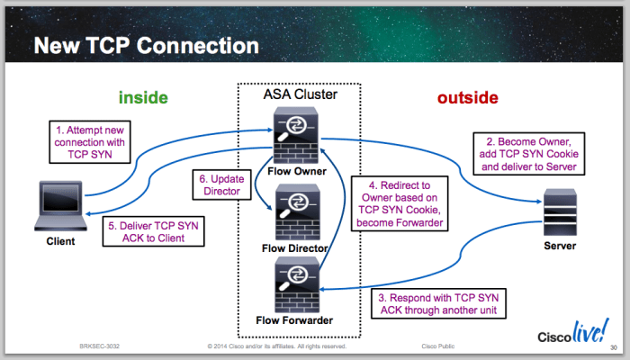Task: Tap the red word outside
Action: pyautogui.click(x=468, y=97)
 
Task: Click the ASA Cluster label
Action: pyautogui.click(x=300, y=94)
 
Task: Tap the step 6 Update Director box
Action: pyautogui.click(x=219, y=184)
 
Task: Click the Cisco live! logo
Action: pyautogui.click(x=571, y=337)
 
